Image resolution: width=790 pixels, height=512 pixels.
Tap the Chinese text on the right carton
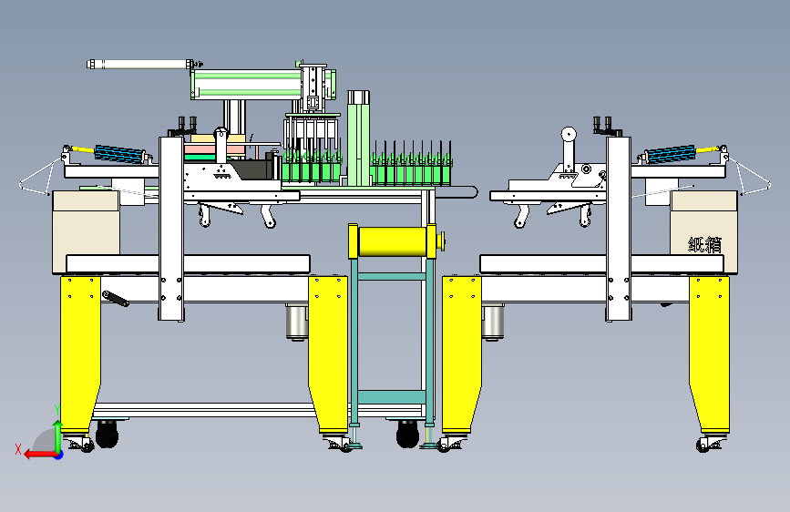point(704,244)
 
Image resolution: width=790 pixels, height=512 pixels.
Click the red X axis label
point(18,449)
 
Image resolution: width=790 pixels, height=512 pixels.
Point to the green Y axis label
point(57,409)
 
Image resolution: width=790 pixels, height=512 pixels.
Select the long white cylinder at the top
point(141,64)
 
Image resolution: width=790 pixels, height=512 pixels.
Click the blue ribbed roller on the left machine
point(120,154)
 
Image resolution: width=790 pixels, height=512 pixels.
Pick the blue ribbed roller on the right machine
point(670,154)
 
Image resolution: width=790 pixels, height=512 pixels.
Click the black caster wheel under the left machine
point(107,435)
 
